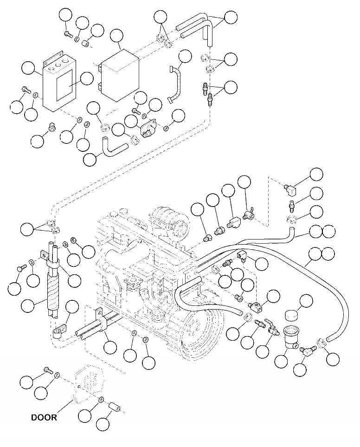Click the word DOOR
point(44,417)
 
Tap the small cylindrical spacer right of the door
point(115,407)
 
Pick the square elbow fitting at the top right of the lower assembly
point(291,188)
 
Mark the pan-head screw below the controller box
point(52,126)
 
